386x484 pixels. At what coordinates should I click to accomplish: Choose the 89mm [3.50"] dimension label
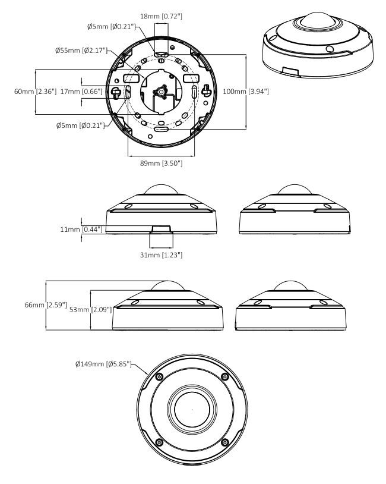[x=161, y=164]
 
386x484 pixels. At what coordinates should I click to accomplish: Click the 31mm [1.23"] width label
[x=161, y=254]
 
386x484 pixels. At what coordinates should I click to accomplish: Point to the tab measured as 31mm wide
[x=161, y=229]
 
